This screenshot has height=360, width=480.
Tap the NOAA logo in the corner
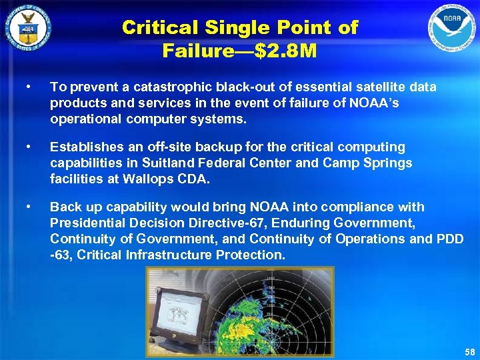point(452,29)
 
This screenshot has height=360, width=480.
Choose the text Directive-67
point(222,223)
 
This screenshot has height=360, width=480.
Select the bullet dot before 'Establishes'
point(27,147)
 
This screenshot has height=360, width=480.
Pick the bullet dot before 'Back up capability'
point(27,207)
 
